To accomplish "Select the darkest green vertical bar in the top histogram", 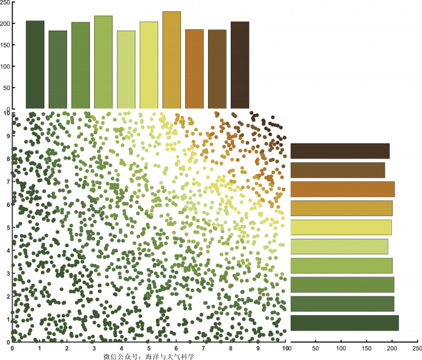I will click(35, 65).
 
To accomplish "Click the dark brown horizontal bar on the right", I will click(340, 151).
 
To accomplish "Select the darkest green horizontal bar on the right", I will click(344, 323).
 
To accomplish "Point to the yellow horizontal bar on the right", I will click(340, 227).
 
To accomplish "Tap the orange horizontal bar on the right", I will click(342, 189).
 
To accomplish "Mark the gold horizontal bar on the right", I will click(341, 208).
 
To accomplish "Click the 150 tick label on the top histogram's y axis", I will click(5, 45).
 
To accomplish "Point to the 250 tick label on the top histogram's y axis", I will click(5, 2).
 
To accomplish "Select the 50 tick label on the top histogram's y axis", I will click(7, 88).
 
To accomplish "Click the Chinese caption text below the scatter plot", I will click(150, 356).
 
